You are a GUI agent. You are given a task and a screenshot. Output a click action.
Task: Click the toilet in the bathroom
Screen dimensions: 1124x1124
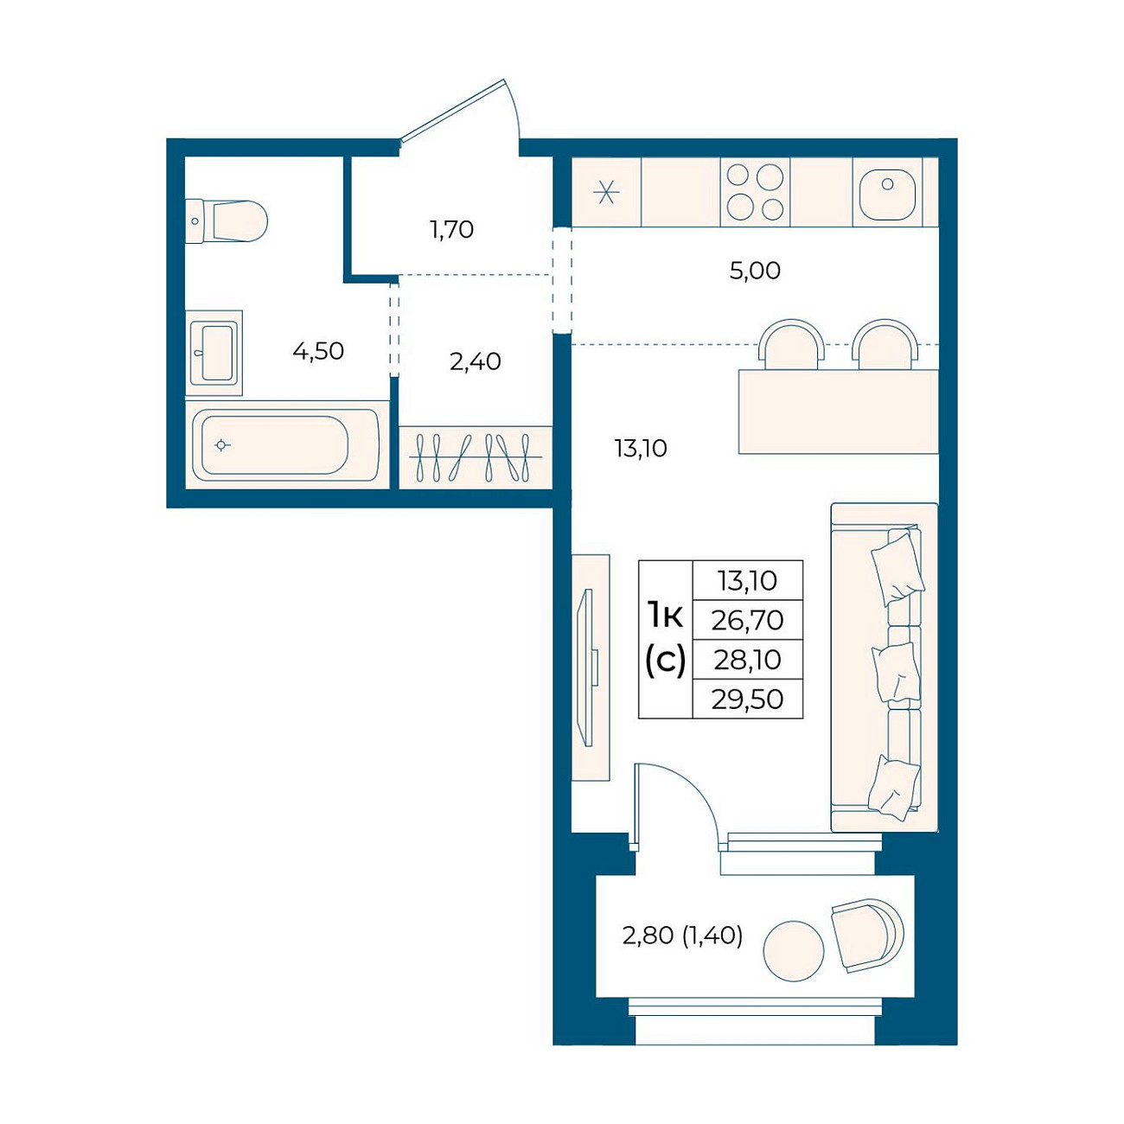pos(227,221)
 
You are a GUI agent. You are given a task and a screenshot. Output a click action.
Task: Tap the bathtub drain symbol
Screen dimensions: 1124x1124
pos(221,445)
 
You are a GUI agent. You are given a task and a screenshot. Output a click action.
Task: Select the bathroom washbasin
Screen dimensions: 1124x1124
pos(214,353)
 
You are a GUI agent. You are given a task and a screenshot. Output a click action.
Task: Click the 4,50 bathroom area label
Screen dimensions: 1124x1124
pos(318,351)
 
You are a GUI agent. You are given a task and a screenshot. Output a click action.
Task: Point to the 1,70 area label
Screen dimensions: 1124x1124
pos(452,230)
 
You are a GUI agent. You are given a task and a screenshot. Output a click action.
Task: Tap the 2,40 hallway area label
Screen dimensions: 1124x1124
pos(476,361)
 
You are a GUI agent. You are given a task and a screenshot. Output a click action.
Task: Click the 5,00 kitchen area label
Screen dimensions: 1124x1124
pos(755,271)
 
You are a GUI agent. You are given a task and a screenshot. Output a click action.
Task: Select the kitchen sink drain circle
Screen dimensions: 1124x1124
pos(887,184)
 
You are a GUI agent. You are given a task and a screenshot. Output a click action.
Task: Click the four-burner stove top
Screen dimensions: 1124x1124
pos(755,191)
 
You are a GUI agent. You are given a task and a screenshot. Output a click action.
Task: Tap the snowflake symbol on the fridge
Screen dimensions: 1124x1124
pos(607,193)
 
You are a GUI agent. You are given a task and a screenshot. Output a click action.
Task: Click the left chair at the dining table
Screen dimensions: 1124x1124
pos(791,344)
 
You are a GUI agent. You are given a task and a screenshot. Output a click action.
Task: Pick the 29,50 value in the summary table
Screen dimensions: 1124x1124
pos(747,699)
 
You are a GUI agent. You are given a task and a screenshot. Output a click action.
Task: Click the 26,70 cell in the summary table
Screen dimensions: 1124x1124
pos(747,620)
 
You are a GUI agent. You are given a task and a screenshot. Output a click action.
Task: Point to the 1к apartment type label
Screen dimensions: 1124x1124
pos(665,616)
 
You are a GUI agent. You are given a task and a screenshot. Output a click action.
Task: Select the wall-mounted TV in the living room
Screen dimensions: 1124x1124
pos(587,667)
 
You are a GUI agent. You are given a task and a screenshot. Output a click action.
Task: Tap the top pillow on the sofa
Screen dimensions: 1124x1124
pos(897,569)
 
